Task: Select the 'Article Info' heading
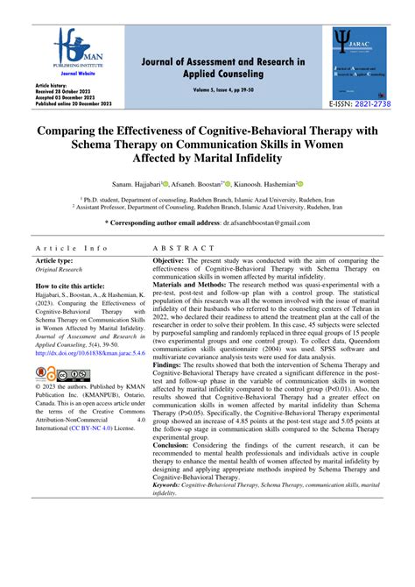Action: coord(72,248)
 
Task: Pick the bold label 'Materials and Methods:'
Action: coord(192,307)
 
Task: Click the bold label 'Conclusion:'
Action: coord(176,469)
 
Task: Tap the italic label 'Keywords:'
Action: coord(172,510)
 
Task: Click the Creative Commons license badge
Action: coord(55,375)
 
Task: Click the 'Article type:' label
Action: coord(53,262)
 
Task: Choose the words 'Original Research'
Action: coord(60,271)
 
